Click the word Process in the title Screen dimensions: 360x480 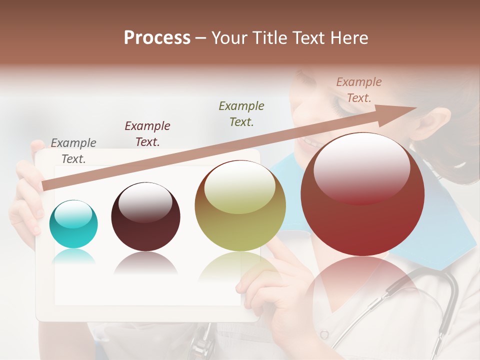click(x=157, y=37)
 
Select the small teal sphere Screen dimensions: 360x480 click(x=73, y=224)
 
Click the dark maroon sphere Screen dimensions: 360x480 click(x=145, y=217)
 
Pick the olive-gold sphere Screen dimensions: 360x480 click(x=240, y=205)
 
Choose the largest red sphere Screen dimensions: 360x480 click(x=362, y=194)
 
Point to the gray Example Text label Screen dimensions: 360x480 click(x=73, y=150)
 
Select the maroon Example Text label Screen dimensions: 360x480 click(x=147, y=133)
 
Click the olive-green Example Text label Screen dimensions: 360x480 click(x=241, y=113)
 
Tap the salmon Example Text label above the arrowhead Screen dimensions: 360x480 click(x=359, y=89)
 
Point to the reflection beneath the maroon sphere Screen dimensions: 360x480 click(x=145, y=262)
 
